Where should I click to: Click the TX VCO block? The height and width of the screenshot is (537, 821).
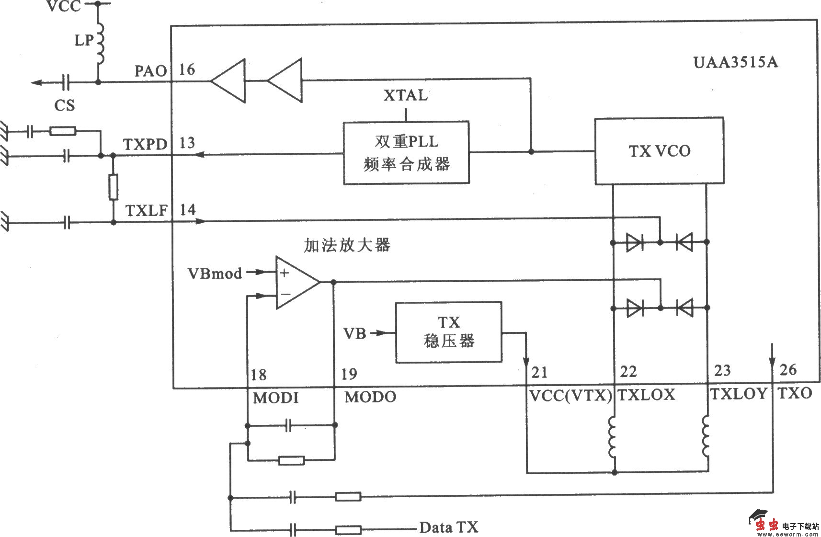click(659, 151)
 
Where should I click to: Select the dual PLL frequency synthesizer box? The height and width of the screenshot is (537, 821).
click(406, 153)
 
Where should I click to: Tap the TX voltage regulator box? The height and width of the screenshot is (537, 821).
click(448, 331)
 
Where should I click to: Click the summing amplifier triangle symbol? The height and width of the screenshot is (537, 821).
click(295, 283)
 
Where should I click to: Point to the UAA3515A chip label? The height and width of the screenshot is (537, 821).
click(736, 63)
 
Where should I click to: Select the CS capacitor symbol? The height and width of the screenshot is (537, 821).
click(66, 82)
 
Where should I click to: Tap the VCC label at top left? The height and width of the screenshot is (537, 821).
click(64, 7)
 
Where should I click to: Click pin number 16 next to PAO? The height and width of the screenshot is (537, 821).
click(187, 70)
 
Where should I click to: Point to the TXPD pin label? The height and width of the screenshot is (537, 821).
click(145, 144)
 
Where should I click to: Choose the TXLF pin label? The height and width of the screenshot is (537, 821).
click(146, 210)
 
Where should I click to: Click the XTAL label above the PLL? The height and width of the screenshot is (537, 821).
click(405, 96)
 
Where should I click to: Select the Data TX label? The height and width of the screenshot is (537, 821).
click(449, 527)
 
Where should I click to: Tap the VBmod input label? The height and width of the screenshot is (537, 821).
click(215, 274)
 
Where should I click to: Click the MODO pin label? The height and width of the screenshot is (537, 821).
click(370, 397)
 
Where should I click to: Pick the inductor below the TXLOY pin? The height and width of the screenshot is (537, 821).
click(707, 436)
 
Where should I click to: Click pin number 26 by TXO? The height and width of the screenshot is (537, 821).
click(788, 370)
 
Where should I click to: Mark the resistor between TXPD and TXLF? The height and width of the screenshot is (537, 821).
click(113, 187)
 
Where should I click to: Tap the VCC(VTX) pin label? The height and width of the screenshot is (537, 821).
click(570, 396)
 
